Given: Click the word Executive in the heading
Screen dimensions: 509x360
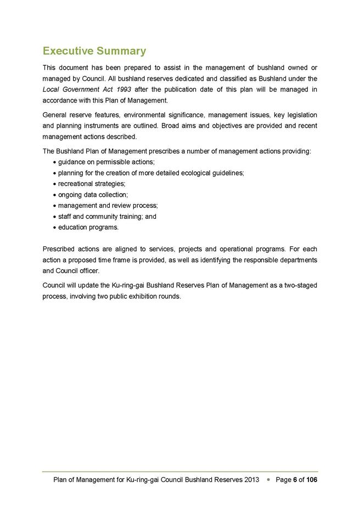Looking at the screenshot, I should coord(67,52).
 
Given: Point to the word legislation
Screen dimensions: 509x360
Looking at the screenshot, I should coord(299,115).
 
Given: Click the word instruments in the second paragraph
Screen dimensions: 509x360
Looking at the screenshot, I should coord(105,126).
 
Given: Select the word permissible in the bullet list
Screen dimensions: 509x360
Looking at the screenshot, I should coord(117,162).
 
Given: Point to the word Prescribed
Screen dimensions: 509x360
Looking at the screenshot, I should coord(58,250).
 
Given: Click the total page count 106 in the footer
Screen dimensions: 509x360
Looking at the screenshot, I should coord(311,480).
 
